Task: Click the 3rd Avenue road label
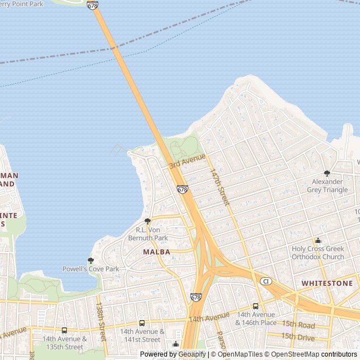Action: click(187, 161)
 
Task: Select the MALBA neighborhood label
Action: click(156, 252)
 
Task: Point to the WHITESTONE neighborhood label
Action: click(327, 283)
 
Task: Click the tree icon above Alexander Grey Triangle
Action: click(327, 173)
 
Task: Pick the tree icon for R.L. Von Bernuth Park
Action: click(147, 221)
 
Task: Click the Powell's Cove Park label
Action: click(91, 269)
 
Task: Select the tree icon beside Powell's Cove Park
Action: click(91, 260)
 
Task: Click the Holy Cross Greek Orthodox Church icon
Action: click(318, 241)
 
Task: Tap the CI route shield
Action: click(266, 280)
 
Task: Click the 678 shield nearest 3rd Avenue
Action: click(182, 190)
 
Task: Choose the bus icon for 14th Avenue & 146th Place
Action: click(256, 306)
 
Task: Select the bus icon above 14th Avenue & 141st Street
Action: click(142, 323)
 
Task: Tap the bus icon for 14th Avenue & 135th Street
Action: click(64, 330)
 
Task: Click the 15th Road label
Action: click(298, 325)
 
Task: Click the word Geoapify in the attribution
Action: click(192, 354)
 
